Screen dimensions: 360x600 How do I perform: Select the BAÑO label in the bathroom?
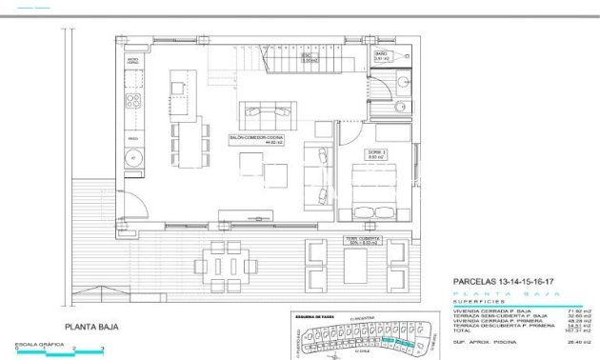click(x=379, y=56)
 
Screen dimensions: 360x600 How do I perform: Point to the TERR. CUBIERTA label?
click(x=336, y=240)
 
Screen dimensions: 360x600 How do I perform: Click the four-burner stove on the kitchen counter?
click(x=134, y=98)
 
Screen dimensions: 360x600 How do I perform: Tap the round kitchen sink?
click(x=133, y=158)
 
